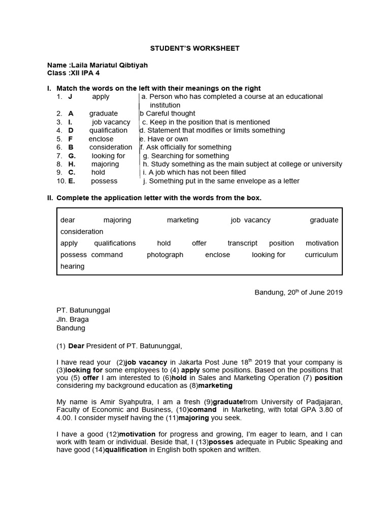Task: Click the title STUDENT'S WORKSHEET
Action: tap(194, 48)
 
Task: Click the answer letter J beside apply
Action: tap(71, 96)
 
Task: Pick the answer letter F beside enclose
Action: tap(71, 139)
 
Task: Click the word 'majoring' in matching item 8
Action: tap(105, 164)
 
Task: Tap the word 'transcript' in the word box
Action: tap(242, 243)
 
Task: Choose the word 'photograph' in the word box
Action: tap(165, 255)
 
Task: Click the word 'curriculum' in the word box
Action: tap(321, 255)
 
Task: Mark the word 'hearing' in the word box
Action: tap(72, 267)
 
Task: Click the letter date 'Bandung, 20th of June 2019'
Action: tap(298, 292)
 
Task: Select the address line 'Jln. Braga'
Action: tap(72, 319)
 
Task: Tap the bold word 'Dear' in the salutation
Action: tap(76, 346)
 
